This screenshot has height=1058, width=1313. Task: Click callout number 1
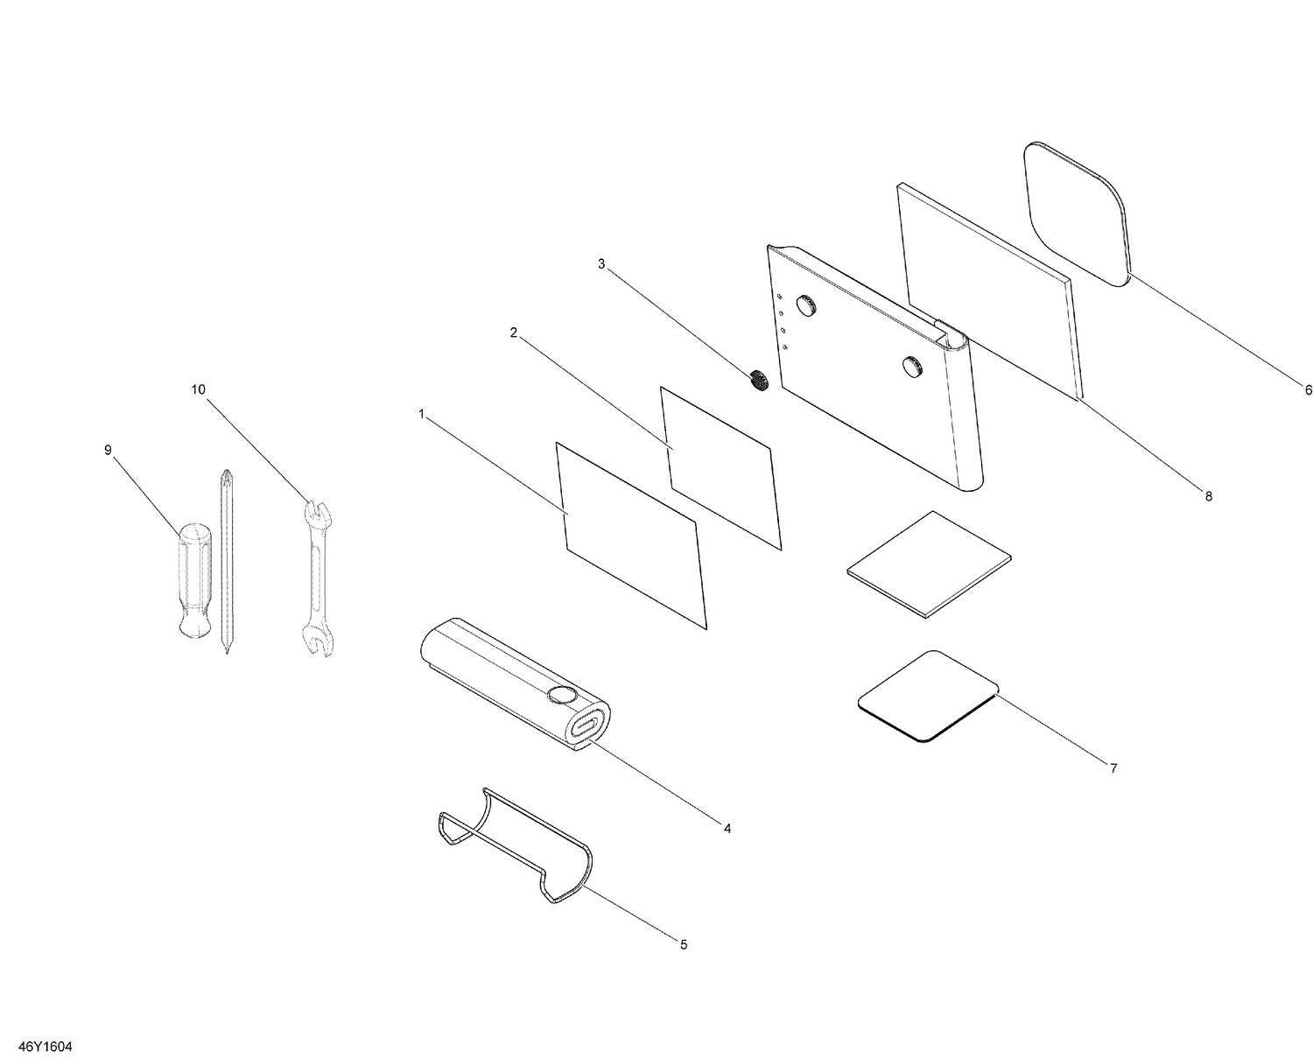pyautogui.click(x=421, y=414)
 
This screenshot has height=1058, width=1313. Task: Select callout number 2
pyautogui.click(x=514, y=333)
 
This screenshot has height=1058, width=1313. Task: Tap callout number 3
pyautogui.click(x=601, y=263)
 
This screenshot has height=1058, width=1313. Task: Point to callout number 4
pyautogui.click(x=727, y=829)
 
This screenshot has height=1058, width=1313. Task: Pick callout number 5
pyautogui.click(x=684, y=944)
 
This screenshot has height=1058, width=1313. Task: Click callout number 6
pyautogui.click(x=1308, y=389)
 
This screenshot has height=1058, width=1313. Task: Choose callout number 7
pyautogui.click(x=1113, y=768)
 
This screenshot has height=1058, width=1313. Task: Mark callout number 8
pyautogui.click(x=1209, y=496)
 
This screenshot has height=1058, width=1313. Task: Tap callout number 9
pyautogui.click(x=108, y=451)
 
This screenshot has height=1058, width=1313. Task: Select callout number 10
pyautogui.click(x=199, y=389)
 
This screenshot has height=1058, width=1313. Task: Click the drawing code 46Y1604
pyautogui.click(x=46, y=1047)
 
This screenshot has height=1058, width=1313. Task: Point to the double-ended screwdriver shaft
pyautogui.click(x=227, y=561)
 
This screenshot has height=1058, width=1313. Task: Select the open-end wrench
pyautogui.click(x=318, y=578)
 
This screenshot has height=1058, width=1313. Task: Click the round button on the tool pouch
pyautogui.click(x=562, y=695)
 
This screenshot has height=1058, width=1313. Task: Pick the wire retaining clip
pyautogui.click(x=516, y=853)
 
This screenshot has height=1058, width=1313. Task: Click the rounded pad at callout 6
pyautogui.click(x=1077, y=214)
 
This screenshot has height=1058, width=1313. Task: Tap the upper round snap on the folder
pyautogui.click(x=806, y=305)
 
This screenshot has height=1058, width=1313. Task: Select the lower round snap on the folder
pyautogui.click(x=912, y=366)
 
